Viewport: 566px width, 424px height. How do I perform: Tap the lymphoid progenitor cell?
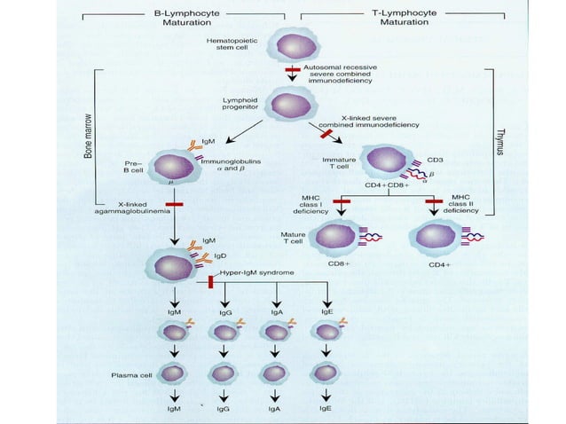click(287, 106)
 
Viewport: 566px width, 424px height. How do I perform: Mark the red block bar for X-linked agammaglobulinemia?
click(174, 205)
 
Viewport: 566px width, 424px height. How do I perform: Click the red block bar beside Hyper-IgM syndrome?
click(211, 281)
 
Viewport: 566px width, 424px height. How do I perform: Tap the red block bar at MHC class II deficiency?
click(434, 202)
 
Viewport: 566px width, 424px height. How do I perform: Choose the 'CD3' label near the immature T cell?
click(435, 160)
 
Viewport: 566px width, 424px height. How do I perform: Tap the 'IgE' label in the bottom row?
click(327, 410)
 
